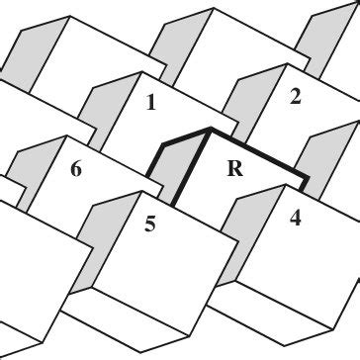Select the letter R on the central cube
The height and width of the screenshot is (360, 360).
pos(234,168)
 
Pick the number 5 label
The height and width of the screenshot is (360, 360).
pos(149,225)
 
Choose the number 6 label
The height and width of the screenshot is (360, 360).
pos(75,170)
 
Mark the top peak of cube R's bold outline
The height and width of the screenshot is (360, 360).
pos(209,129)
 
